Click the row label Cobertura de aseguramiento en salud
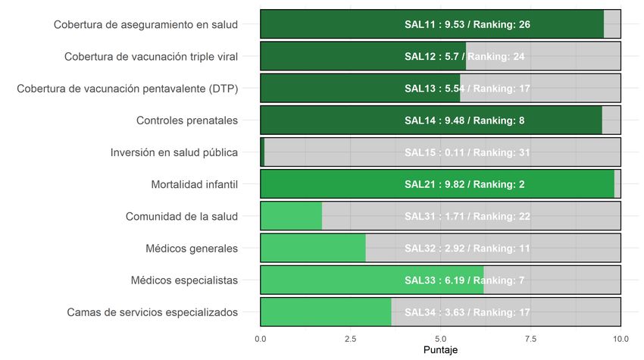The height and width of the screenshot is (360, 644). [145, 24]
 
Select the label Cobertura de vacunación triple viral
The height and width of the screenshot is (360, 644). [151, 56]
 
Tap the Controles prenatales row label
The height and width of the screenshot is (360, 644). [187, 120]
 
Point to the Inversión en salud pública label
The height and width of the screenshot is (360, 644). [174, 152]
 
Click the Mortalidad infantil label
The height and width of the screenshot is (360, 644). [194, 184]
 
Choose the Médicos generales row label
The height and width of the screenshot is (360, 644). [192, 248]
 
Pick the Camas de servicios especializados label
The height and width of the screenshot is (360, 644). [152, 312]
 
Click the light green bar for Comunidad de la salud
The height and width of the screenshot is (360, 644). [291, 216]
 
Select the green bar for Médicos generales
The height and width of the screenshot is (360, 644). [312, 248]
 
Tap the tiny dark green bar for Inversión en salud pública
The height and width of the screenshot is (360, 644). [262, 152]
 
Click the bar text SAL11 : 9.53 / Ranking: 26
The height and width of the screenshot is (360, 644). [467, 24]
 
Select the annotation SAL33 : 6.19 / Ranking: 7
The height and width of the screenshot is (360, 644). [464, 280]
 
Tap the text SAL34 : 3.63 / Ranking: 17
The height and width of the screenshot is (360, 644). [467, 312]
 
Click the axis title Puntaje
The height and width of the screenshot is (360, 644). [440, 350]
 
